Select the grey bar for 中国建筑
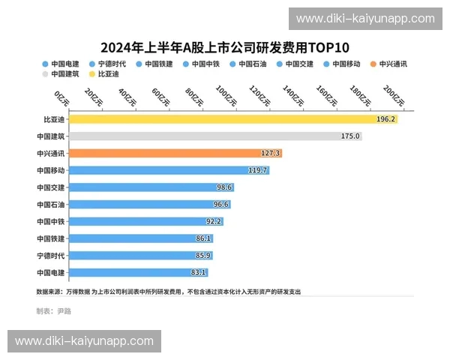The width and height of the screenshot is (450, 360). tap(202, 136)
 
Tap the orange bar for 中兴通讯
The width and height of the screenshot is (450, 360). tap(165, 153)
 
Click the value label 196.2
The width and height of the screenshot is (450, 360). tap(386, 119)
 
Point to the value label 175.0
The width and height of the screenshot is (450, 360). tap(350, 136)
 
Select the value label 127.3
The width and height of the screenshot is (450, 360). tap(270, 153)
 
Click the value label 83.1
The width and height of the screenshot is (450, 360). tap(199, 272)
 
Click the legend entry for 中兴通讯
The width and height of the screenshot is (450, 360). tap(389, 64)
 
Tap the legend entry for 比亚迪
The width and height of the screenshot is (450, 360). tap(105, 74)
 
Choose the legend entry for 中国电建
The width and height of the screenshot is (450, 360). tap(61, 64)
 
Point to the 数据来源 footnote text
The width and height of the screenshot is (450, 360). tap(169, 292)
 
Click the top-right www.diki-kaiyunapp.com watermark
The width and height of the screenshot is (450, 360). tap(365, 19)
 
